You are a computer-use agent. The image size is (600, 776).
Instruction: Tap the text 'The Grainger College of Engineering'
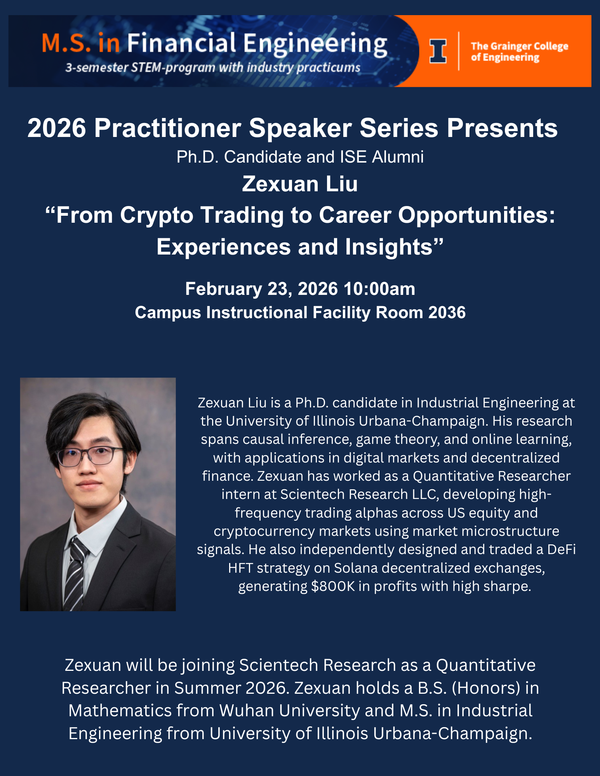point(519,52)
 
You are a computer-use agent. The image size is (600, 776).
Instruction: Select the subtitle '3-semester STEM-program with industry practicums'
point(213,68)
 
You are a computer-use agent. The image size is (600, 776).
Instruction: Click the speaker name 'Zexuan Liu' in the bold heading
point(300,184)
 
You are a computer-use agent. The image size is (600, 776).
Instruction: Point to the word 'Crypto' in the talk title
point(157,216)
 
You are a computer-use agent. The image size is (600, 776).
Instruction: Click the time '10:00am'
point(379,289)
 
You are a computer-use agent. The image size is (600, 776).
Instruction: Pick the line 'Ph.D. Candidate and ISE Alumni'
point(300,157)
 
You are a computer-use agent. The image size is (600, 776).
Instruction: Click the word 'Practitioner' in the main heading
point(167,128)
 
